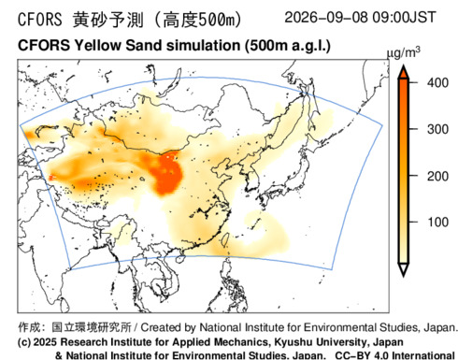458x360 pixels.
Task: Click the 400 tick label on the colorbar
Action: point(437,83)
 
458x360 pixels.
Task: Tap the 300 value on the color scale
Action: point(437,129)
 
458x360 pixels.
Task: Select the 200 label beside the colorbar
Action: point(437,177)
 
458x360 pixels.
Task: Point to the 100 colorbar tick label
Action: point(437,223)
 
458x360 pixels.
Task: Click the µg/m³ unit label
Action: point(403,53)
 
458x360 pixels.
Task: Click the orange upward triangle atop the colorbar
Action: point(404,72)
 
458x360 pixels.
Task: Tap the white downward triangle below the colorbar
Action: point(404,269)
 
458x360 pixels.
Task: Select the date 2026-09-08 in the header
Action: point(326,18)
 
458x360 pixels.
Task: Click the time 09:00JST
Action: point(404,18)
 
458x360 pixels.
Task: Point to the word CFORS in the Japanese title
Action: point(40,20)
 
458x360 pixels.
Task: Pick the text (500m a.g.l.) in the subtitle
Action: point(288,46)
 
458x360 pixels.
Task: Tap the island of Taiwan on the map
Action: point(225,239)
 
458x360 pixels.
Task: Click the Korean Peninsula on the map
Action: point(251,178)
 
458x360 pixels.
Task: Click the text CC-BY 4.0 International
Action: point(394,355)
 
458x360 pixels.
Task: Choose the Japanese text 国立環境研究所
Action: point(92,327)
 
